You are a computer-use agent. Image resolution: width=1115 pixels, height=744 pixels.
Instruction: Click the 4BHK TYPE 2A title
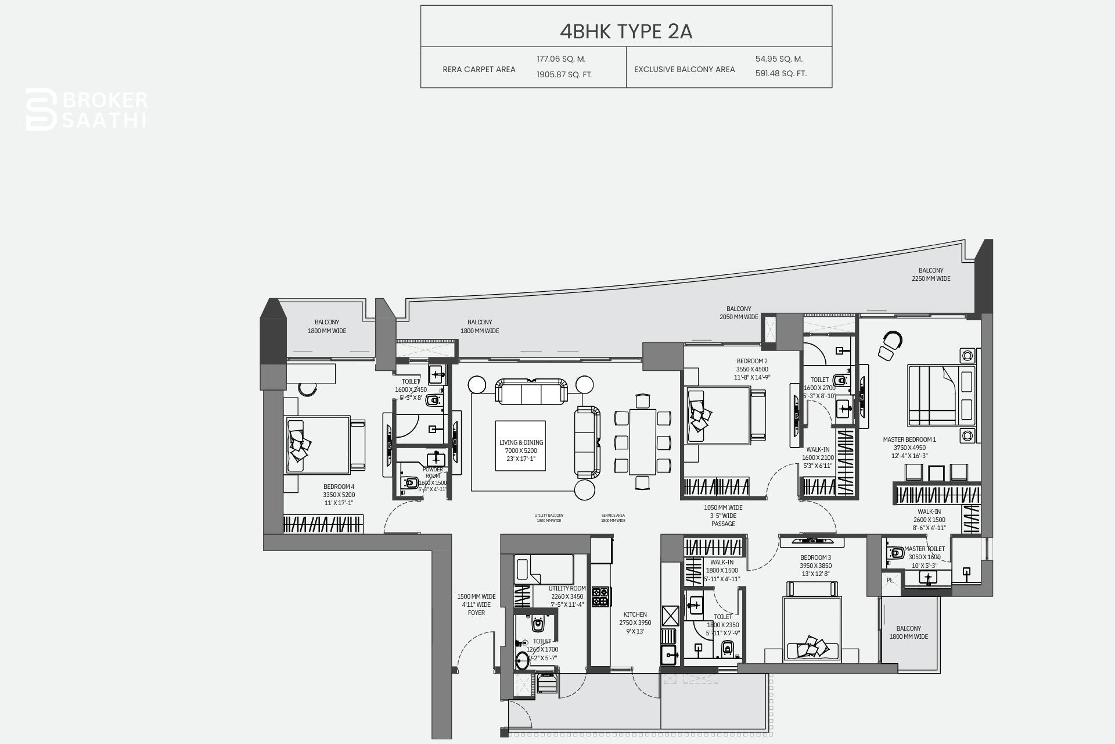coord(626,31)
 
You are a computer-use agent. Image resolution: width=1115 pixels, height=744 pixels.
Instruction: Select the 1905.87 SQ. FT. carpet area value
coord(564,74)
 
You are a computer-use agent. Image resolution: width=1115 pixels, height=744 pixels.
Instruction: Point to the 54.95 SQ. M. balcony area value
coord(779,59)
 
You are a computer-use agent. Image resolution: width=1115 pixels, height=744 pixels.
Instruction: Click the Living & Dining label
coord(521,450)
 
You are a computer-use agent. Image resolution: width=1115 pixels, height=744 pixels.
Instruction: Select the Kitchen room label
coord(635,623)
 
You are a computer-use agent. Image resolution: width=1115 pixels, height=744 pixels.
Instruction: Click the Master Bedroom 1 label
coord(909,448)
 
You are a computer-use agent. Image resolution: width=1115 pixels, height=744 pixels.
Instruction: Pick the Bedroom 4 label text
coord(339,495)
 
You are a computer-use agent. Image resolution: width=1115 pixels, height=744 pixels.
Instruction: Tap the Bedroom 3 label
coord(815,566)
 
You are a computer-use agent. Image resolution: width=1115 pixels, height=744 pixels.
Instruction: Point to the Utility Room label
coord(567,596)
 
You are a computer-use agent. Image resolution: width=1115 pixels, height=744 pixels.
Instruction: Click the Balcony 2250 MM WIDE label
coord(931,274)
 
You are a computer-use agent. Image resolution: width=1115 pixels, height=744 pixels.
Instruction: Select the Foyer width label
coord(476,604)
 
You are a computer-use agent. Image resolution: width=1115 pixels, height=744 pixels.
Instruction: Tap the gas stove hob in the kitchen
coord(600,596)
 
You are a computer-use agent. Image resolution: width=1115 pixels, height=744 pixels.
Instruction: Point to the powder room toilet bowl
coord(411,482)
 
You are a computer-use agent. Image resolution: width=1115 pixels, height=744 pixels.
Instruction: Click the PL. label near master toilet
coord(890,581)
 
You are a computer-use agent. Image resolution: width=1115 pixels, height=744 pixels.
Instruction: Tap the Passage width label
coord(723,516)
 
